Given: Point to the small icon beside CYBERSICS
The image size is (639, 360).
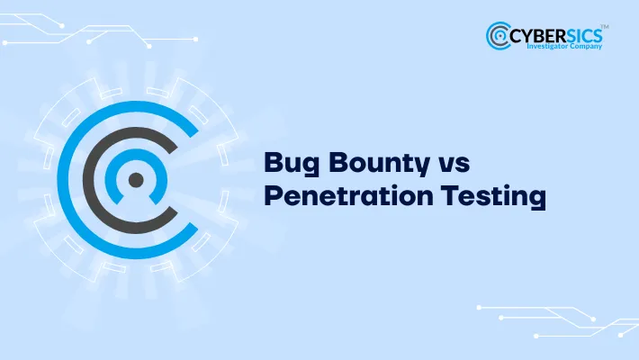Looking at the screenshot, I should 499,36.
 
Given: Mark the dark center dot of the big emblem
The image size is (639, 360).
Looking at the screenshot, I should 136,180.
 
